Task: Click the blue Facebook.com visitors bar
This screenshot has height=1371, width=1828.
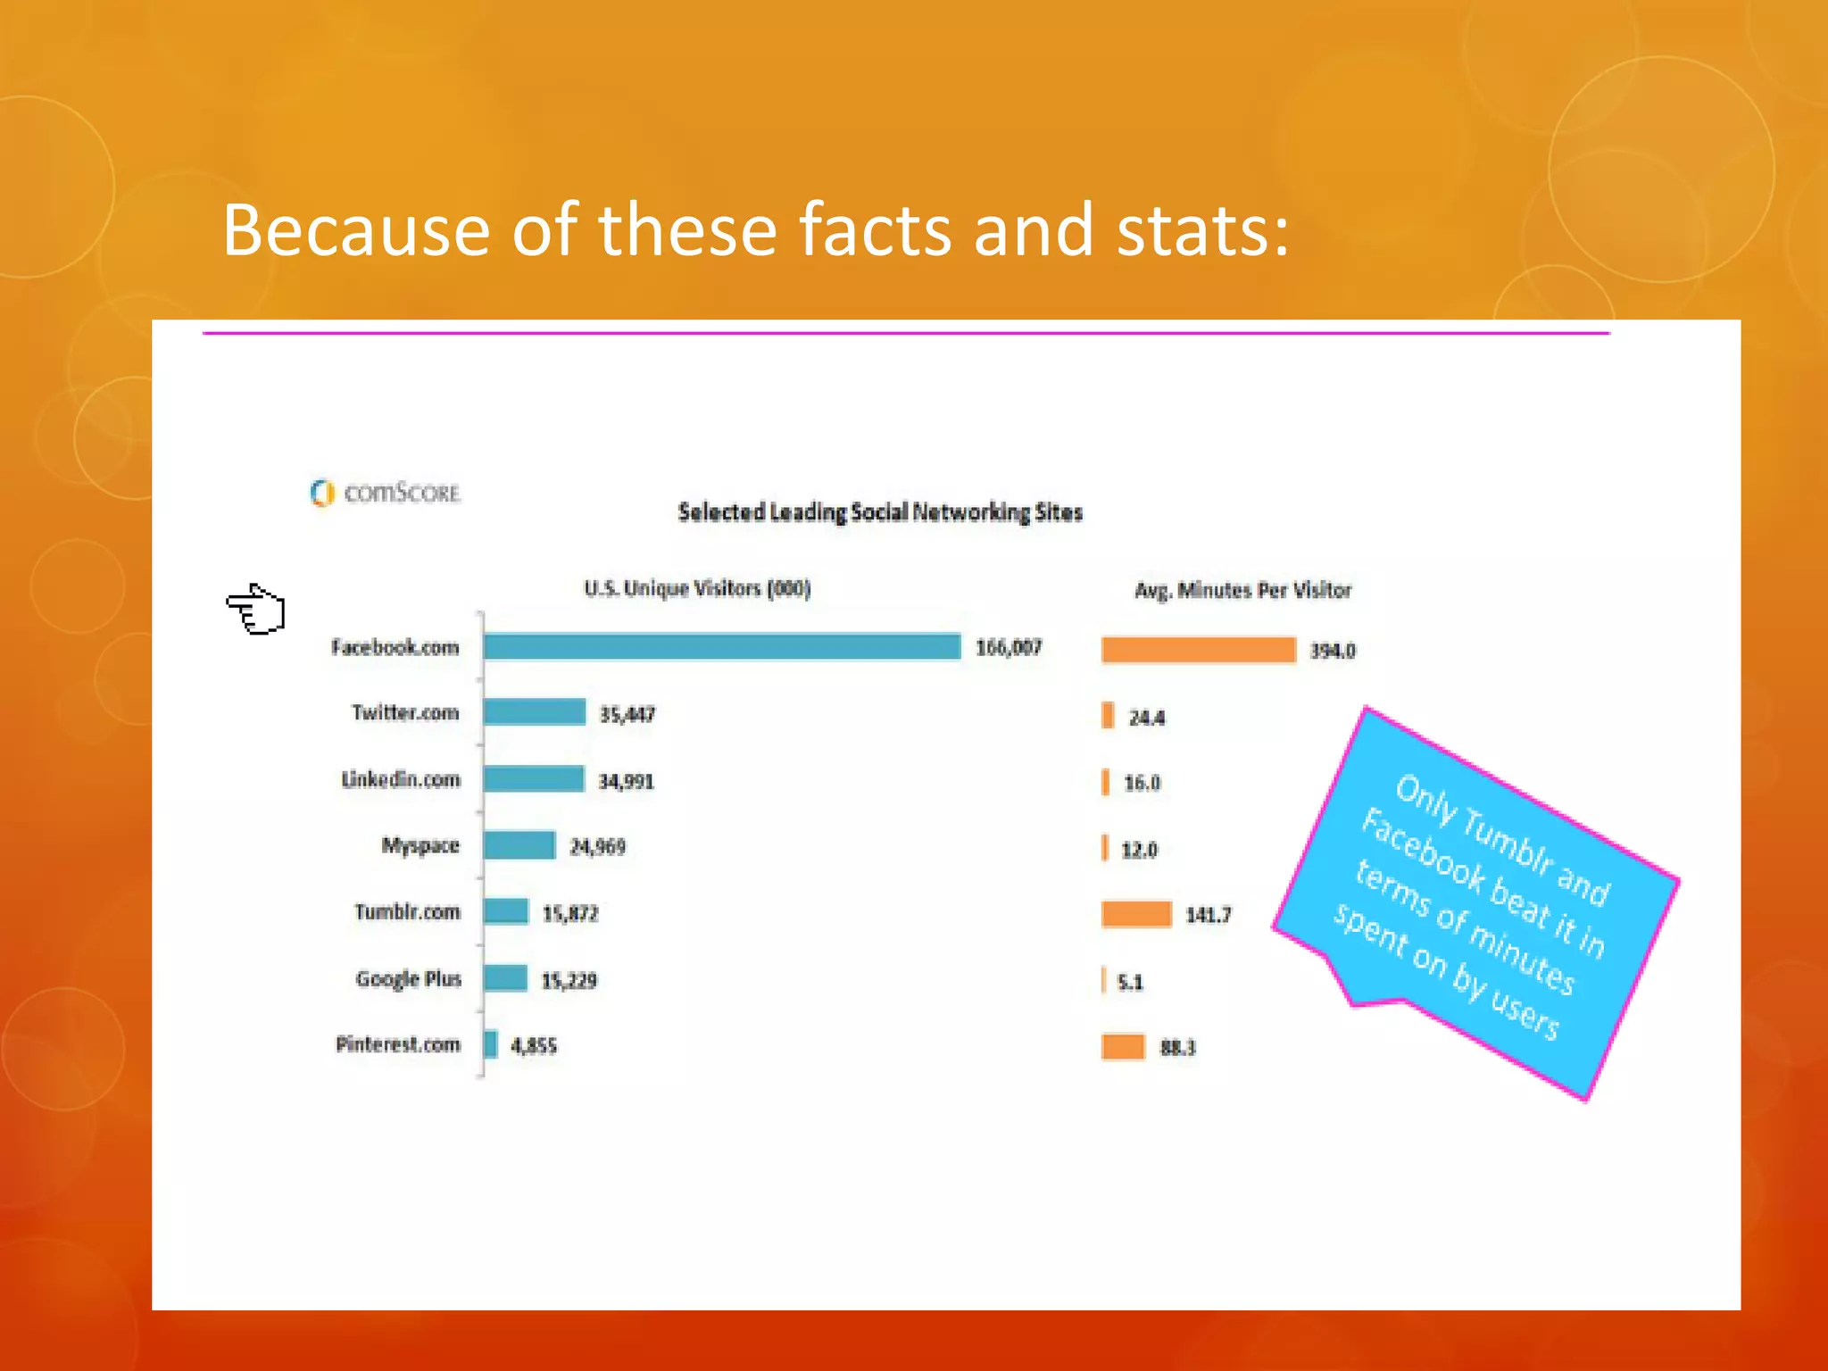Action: (x=721, y=646)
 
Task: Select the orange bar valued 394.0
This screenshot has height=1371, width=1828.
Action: (x=1198, y=650)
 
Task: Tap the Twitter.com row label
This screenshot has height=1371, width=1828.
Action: (x=405, y=712)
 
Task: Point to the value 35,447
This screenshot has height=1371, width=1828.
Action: (x=627, y=714)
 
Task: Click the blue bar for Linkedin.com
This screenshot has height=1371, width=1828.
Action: (x=534, y=778)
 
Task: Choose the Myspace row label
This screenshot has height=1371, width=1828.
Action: (x=420, y=845)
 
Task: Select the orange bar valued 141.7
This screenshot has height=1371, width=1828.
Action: (x=1135, y=914)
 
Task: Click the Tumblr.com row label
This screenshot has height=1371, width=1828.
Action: (x=407, y=911)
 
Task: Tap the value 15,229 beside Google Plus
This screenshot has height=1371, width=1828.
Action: (x=569, y=980)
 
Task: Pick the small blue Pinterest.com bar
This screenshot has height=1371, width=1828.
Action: (x=490, y=1043)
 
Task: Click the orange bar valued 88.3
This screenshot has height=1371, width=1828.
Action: (x=1123, y=1046)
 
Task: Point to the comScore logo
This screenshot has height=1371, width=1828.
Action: (x=386, y=493)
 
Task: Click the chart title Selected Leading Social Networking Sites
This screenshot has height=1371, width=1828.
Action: (x=879, y=512)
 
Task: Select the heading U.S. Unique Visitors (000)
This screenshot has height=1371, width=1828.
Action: (x=697, y=588)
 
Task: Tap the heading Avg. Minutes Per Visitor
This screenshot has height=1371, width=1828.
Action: (x=1242, y=590)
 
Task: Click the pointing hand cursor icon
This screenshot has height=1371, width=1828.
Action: (x=256, y=611)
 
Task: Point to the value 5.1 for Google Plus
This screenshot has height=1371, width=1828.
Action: (x=1129, y=982)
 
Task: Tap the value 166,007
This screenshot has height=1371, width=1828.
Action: (x=1008, y=647)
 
